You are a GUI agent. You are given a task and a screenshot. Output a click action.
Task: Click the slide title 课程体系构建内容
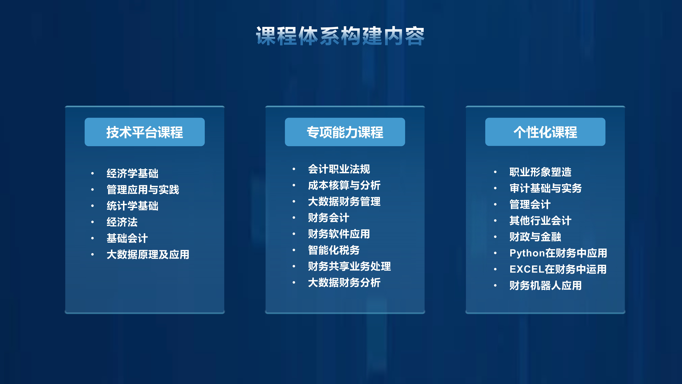(x=340, y=36)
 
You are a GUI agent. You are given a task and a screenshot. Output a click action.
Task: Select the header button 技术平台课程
(x=145, y=132)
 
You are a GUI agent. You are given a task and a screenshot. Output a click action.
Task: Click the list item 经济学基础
(x=132, y=173)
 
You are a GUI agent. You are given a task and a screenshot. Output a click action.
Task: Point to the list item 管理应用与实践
(x=143, y=189)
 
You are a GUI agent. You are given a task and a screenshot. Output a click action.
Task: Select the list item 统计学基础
(x=132, y=206)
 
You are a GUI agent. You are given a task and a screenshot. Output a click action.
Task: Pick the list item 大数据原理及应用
(x=148, y=254)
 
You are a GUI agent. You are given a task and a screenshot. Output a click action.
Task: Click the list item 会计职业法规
(x=339, y=169)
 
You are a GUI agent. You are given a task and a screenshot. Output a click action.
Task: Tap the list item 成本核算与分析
(x=344, y=185)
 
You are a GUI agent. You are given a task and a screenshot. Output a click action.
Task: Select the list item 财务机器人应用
(x=545, y=285)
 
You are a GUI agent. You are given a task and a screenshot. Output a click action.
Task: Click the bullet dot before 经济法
(x=92, y=222)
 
